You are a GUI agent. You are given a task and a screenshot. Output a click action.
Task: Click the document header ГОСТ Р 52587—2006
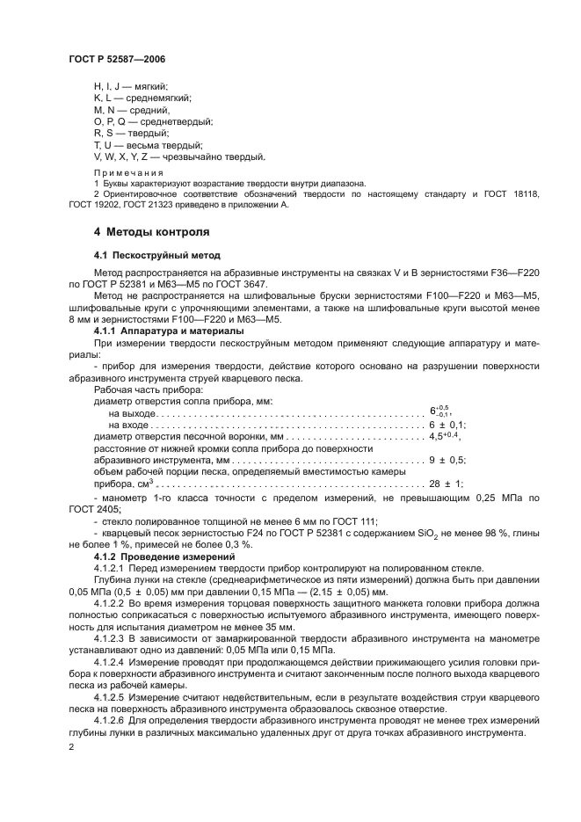coord(117,59)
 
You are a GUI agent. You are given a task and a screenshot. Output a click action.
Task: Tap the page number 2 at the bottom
coord(72,746)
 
